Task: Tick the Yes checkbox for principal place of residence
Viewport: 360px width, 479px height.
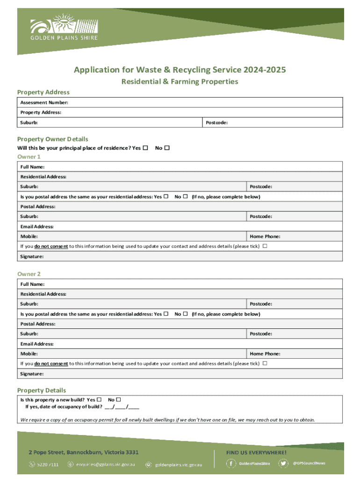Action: coord(145,148)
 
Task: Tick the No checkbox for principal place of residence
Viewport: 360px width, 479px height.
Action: coord(167,148)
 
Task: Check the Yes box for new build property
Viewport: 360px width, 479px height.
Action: coord(99,400)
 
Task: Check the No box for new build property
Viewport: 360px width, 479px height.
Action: coord(118,400)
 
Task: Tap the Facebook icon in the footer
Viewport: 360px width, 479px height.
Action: coord(231,464)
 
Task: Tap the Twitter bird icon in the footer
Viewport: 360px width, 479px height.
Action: coord(283,464)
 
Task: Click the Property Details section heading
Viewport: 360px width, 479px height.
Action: coord(42,390)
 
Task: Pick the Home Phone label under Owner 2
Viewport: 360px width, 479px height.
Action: coord(265,354)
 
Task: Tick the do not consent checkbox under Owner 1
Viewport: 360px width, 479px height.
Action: coord(265,246)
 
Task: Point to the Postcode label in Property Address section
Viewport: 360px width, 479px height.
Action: coord(216,123)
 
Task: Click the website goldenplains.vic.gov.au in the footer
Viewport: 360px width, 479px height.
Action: coord(179,464)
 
